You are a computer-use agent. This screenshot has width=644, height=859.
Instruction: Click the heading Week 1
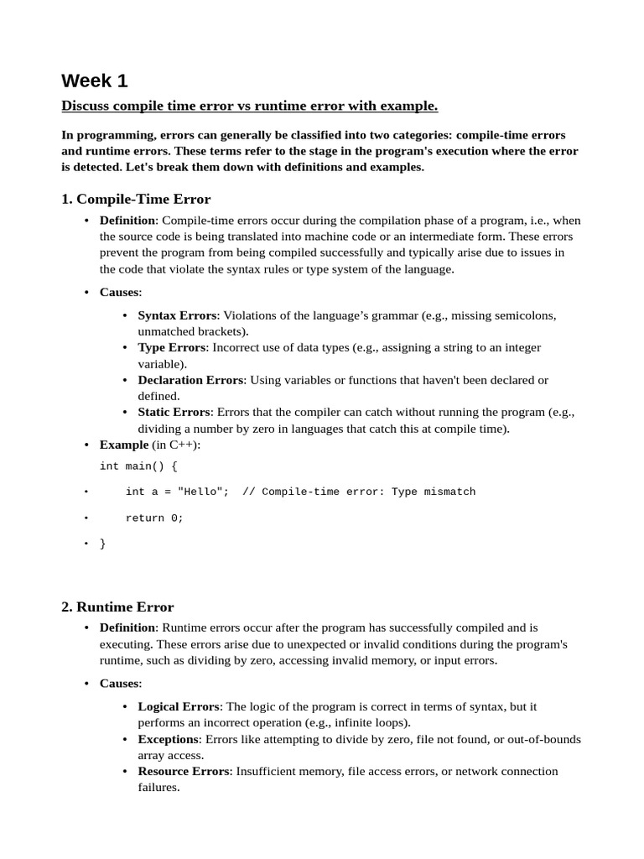[95, 81]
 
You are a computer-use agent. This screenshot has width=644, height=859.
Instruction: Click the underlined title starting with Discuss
[249, 106]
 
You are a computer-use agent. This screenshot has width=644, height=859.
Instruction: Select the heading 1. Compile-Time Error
[136, 199]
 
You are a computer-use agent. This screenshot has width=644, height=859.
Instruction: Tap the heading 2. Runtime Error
[117, 607]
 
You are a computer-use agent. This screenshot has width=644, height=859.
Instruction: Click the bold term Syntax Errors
[177, 315]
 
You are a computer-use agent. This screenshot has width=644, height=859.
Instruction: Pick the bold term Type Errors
[172, 347]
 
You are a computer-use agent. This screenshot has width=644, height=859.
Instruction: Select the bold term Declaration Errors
[190, 380]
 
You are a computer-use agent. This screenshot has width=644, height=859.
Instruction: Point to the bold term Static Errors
[174, 412]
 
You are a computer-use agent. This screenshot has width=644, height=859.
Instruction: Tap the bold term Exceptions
[169, 739]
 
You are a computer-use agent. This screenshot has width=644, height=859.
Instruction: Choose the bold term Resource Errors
[184, 771]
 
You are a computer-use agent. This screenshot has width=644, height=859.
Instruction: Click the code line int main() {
[138, 466]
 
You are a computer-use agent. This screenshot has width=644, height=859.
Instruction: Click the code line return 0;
[154, 518]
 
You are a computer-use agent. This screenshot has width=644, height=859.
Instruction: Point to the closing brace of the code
[103, 544]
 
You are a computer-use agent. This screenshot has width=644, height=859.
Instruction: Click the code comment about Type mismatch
[359, 492]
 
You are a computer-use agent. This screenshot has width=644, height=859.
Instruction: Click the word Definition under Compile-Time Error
[127, 220]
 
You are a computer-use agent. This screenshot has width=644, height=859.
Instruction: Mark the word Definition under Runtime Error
[127, 627]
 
